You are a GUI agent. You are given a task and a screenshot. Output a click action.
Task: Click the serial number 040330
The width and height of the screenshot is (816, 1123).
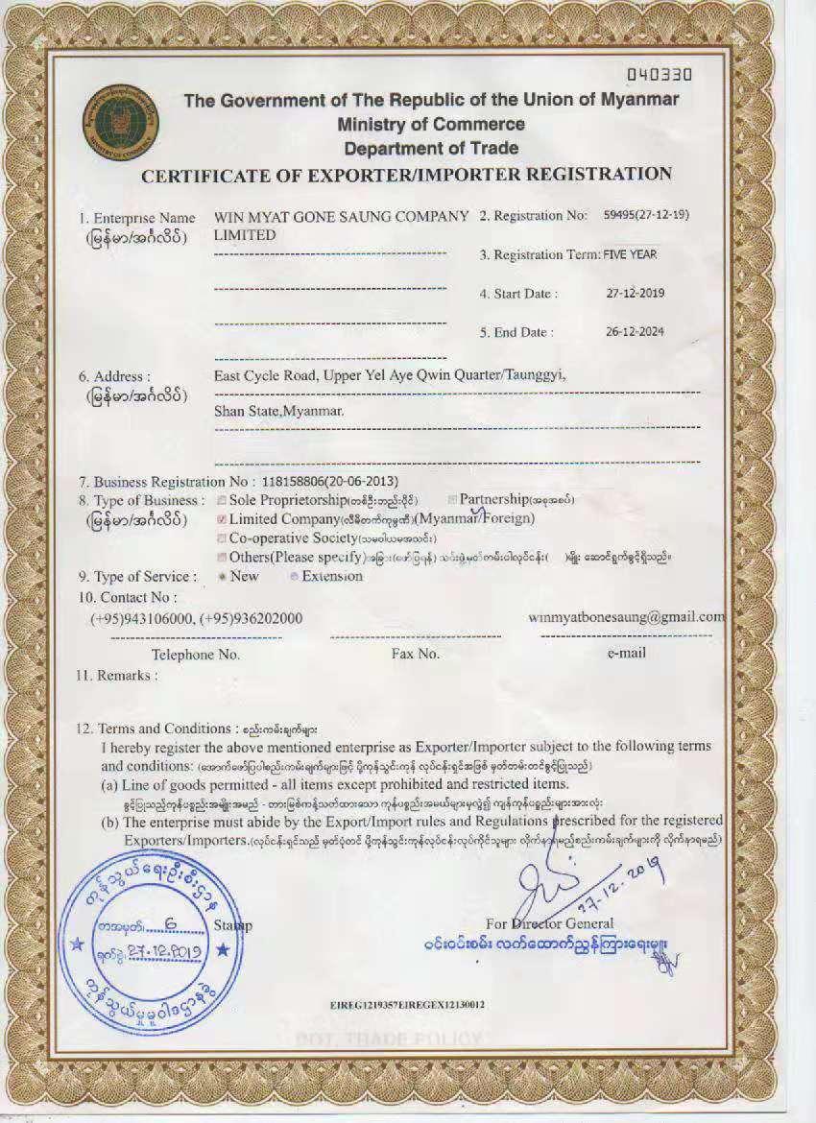[x=659, y=73]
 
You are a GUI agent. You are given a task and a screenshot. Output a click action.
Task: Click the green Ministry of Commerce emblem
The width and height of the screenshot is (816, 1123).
[x=121, y=121]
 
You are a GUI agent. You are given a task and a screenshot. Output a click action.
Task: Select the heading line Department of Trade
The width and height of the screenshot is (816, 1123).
[x=431, y=148]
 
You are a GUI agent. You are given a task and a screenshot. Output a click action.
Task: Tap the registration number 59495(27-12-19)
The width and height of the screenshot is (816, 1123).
[x=646, y=215]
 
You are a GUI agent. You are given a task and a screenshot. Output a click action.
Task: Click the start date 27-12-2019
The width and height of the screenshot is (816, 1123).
[x=636, y=293]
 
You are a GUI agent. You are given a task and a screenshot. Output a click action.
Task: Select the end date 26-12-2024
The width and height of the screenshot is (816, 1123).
[x=636, y=332]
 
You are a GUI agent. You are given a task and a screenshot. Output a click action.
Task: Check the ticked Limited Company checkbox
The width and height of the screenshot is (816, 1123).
[x=222, y=519]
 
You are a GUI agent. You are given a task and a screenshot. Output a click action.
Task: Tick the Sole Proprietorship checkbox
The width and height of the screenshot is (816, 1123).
[x=222, y=500]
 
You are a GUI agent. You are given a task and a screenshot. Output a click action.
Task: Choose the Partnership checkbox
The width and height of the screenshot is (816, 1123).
[x=452, y=500]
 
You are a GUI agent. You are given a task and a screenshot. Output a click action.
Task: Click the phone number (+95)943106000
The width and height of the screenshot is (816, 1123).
[x=141, y=619]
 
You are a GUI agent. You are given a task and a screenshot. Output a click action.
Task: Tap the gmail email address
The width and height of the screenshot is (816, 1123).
[x=627, y=616]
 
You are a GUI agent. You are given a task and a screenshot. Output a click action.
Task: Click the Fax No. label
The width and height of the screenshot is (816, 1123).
[x=415, y=654]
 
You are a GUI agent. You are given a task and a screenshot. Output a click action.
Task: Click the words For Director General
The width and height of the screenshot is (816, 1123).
[x=549, y=923]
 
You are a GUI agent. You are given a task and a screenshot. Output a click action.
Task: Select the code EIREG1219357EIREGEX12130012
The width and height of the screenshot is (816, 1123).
[x=406, y=1004]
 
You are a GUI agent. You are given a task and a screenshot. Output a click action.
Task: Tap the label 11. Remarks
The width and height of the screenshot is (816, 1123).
[x=116, y=675]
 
